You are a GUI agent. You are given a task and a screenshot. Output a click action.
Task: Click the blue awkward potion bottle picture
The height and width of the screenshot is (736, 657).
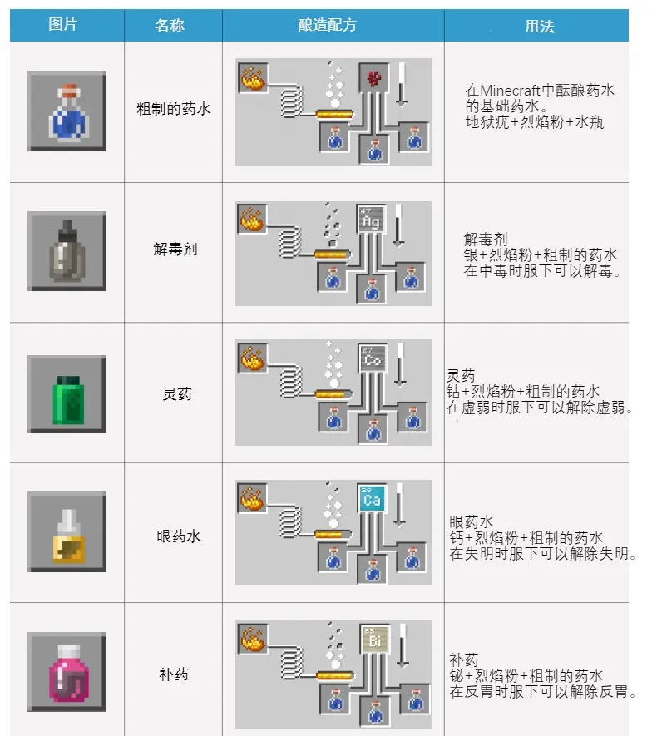click(67, 111)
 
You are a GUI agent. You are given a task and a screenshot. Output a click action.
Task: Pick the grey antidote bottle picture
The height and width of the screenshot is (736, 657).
click(67, 250)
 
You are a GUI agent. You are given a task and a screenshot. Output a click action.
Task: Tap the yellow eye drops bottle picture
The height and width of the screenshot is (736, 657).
click(67, 531)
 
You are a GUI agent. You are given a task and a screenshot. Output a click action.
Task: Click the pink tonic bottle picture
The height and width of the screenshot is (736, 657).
click(67, 671)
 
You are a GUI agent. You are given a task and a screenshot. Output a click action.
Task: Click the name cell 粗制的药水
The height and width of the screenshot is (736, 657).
click(174, 108)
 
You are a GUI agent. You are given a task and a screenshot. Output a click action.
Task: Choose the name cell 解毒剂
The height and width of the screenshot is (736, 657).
click(175, 249)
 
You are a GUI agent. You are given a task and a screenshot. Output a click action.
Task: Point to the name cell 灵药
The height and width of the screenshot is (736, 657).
click(176, 393)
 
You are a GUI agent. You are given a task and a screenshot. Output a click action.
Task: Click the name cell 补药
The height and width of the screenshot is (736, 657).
click(174, 673)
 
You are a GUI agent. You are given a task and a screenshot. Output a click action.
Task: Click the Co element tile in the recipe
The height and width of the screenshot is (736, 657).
click(372, 359)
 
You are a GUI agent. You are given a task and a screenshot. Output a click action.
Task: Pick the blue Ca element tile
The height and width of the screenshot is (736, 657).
click(372, 498)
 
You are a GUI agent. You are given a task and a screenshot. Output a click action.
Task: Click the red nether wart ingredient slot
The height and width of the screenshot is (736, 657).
click(372, 79)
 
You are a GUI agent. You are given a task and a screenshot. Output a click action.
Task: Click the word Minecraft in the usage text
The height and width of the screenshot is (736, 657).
click(515, 91)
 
